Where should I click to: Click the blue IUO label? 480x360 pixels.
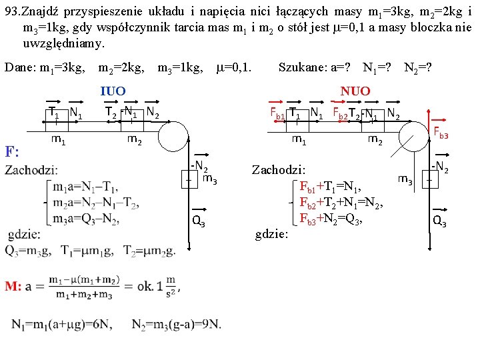click(113, 91)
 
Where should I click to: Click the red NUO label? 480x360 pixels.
click(355, 91)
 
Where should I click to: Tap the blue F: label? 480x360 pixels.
click(13, 151)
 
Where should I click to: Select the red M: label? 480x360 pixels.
click(14, 286)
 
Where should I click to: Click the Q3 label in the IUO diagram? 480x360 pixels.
click(198, 222)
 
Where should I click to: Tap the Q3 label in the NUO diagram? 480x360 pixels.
click(439, 222)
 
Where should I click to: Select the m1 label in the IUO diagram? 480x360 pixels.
click(58, 139)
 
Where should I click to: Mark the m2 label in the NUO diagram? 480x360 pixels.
click(375, 139)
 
